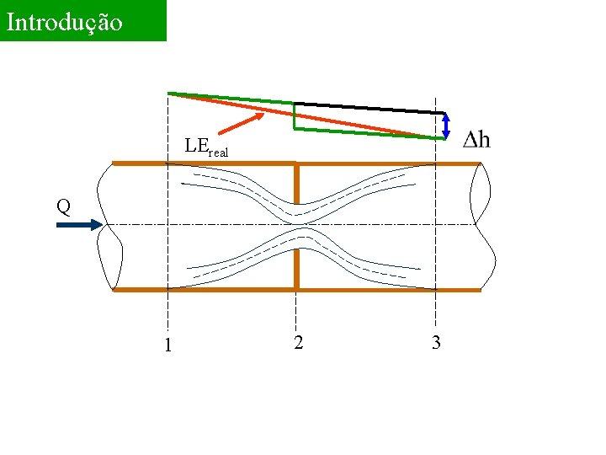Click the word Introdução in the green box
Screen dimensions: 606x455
coord(65,22)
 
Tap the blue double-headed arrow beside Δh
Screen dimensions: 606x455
coord(446,126)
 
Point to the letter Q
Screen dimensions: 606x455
coord(62,205)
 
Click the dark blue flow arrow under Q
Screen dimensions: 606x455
coord(81,225)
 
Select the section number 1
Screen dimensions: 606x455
coord(168,345)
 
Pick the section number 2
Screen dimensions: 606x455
coord(299,342)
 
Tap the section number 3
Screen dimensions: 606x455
coord(436,343)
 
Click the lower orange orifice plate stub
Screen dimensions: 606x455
coord(296,267)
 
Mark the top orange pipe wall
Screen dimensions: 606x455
coord(202,163)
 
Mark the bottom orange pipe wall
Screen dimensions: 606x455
coord(202,290)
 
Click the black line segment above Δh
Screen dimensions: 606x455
coord(370,108)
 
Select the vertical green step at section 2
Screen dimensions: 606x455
coord(295,117)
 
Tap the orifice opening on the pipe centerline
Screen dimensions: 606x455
coord(296,224)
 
